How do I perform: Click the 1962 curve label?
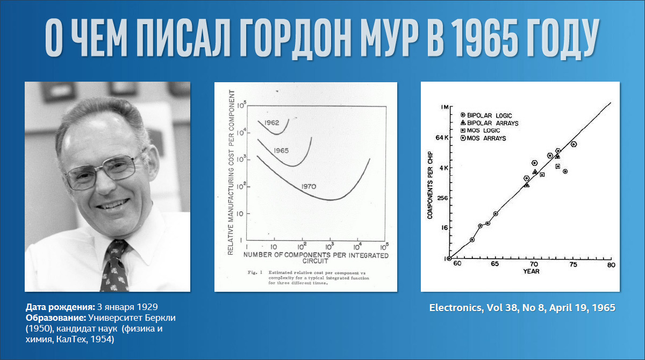pos(271,123)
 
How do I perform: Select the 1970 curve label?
pos(309,186)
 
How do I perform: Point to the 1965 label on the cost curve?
pos(281,150)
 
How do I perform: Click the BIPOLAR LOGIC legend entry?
pos(486,116)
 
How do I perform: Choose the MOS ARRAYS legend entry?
pos(483,138)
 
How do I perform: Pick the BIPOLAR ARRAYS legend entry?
pos(489,123)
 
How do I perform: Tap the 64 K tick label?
pos(442,138)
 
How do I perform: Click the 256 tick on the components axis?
pos(442,198)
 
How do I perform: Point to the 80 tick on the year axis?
pos(611,265)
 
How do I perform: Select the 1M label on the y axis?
pos(445,107)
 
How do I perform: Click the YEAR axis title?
pos(531,271)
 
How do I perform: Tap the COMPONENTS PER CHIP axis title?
pos(430,185)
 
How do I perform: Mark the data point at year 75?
pos(574,144)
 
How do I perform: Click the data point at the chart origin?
pos(449,258)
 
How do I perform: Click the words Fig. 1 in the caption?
pos(255,272)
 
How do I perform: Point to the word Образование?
pos(56,318)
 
